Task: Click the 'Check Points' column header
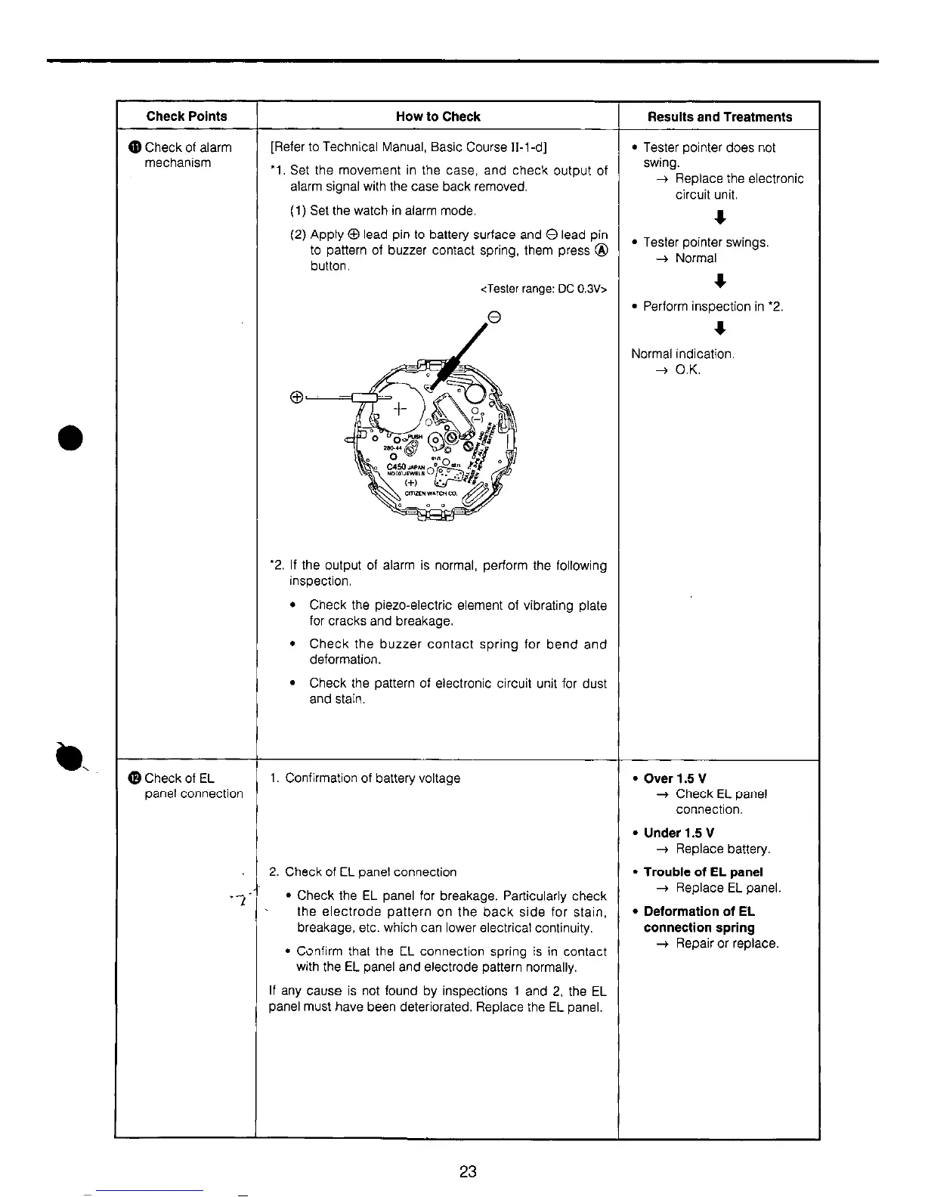click(x=186, y=116)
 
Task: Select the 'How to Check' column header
click(x=438, y=116)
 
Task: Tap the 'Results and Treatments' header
click(x=719, y=117)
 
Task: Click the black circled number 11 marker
click(x=135, y=147)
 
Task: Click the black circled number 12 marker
click(x=135, y=778)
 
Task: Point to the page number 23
click(x=468, y=1171)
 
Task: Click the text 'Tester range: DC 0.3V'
click(x=544, y=289)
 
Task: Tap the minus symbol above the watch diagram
click(x=494, y=318)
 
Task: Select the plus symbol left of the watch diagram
click(x=297, y=397)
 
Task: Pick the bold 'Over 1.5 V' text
click(x=675, y=778)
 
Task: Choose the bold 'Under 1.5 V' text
click(x=679, y=833)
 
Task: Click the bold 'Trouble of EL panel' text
click(x=703, y=872)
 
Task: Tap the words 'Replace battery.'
click(x=722, y=849)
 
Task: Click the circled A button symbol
click(x=601, y=251)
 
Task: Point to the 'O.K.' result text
click(x=688, y=370)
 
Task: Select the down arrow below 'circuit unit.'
click(x=721, y=218)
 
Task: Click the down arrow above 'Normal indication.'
click(x=721, y=329)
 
